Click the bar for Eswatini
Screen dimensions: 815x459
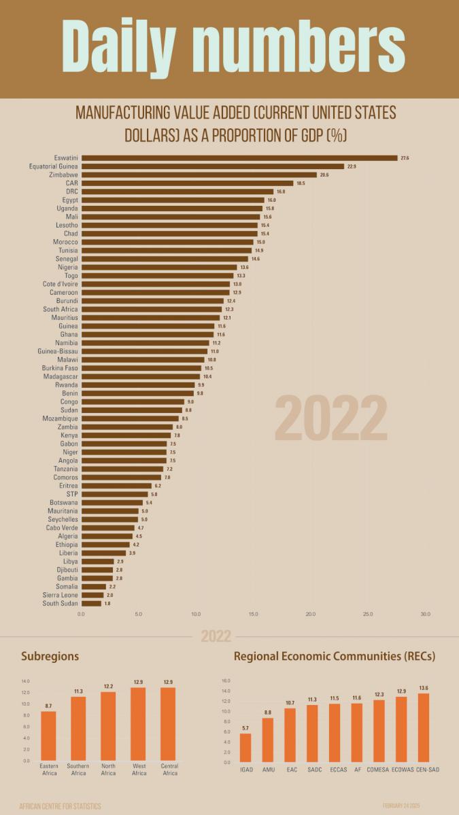coord(239,158)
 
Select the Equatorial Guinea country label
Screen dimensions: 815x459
coord(54,166)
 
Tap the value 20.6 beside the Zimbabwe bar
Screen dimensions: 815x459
coord(324,175)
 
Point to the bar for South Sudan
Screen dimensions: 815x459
coord(91,603)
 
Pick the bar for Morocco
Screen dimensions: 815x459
coord(167,242)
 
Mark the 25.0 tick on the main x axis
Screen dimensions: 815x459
coord(368,614)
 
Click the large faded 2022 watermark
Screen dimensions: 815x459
coord(331,419)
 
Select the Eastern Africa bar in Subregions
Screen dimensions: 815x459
coord(48,736)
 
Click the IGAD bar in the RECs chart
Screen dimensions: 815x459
coord(245,747)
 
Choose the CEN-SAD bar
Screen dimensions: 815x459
coord(424,727)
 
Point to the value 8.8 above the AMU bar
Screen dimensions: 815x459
coord(268,712)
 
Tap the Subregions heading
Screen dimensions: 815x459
coord(50,656)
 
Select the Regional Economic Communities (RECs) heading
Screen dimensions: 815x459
coord(335,656)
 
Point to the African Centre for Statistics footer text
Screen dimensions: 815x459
coord(61,806)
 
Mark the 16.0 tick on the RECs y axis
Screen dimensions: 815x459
coord(226,681)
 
